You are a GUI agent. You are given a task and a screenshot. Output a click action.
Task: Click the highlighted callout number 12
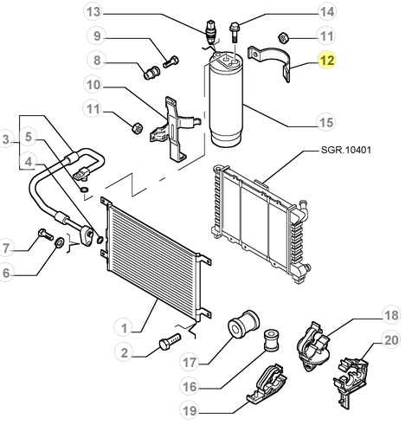[327, 61]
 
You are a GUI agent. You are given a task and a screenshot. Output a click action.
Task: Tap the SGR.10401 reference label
[346, 150]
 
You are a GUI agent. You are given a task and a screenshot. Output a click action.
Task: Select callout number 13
[93, 12]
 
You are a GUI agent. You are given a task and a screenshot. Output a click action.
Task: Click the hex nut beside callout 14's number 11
[283, 38]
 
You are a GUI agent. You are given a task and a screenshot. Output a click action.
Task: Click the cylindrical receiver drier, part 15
[226, 100]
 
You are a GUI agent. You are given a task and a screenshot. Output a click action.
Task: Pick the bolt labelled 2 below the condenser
[170, 341]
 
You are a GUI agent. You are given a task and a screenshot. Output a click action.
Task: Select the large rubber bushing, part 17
[244, 323]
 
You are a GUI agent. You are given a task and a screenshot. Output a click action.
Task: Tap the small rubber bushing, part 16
[272, 340]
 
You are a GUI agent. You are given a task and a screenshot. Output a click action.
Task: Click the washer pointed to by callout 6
[60, 242]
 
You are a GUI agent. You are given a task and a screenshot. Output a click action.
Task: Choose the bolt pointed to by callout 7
[45, 234]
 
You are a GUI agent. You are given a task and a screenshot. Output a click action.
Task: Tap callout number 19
[190, 410]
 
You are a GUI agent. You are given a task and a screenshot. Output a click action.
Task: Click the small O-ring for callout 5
[84, 190]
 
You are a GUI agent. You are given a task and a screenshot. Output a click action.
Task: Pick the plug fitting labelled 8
[151, 73]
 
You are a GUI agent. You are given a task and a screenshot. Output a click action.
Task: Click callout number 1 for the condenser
[124, 328]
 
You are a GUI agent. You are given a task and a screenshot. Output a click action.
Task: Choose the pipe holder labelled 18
[313, 346]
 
